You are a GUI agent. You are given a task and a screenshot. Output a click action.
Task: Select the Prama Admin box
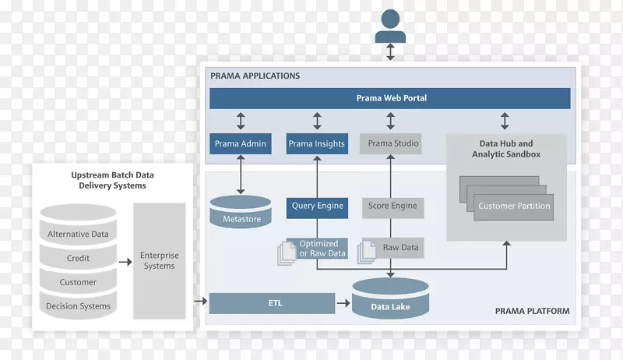[x=240, y=143]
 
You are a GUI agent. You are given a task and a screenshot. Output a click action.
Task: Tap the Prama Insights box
[x=316, y=143]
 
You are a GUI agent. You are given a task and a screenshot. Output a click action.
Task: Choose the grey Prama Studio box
[x=392, y=143]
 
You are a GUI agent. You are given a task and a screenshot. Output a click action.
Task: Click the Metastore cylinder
[x=241, y=212]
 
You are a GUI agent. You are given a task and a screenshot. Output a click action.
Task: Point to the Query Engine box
[x=317, y=206]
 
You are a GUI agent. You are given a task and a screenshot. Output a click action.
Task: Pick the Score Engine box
[x=392, y=206]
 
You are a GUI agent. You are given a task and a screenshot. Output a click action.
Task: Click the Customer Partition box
[x=513, y=206]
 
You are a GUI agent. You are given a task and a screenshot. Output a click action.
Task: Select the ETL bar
[x=272, y=303]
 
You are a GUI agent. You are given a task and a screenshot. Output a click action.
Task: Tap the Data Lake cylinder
[x=390, y=300]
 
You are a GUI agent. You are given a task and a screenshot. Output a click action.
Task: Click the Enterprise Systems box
[x=159, y=261]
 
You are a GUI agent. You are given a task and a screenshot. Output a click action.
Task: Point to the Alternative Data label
[x=78, y=234]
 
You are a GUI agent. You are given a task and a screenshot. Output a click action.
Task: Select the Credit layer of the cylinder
[x=78, y=258]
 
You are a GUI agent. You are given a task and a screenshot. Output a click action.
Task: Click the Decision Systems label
[x=78, y=306]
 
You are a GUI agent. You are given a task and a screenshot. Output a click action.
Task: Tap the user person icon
[x=390, y=26]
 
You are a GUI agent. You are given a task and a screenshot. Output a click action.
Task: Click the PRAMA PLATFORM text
[x=532, y=311]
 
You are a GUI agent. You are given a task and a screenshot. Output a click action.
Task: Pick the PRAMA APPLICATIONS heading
[x=255, y=76]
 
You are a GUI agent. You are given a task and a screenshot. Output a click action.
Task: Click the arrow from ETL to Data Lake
[x=343, y=303]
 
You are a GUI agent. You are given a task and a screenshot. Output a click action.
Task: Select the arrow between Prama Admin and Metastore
[x=240, y=174]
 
